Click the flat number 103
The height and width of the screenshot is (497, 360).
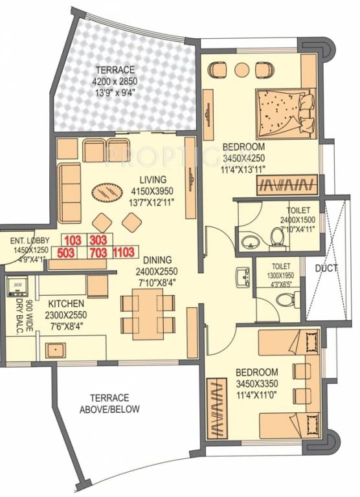point(73,239)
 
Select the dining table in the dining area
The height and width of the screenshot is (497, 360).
point(148,313)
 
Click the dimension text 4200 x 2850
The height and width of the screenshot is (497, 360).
point(116,81)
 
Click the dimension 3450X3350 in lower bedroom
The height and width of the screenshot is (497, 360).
point(257,383)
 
